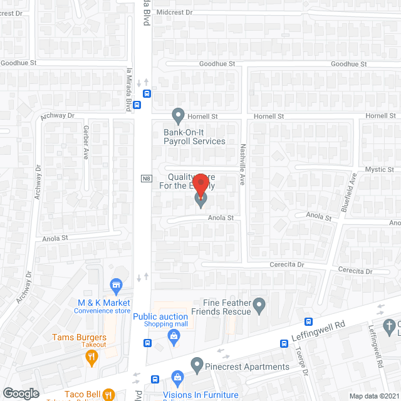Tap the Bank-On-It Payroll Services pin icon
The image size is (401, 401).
178,115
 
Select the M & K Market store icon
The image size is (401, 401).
116,286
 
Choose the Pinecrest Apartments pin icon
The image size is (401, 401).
197,364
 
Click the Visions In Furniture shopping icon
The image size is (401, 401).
178,377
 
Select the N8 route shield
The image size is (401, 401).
145,179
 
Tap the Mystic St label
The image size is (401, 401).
379,170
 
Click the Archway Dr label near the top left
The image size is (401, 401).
57,116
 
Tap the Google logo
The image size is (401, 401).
21,393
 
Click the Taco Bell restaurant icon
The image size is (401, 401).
107,395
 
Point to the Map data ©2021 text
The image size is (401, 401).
373,396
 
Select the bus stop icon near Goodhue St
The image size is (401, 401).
147,95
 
